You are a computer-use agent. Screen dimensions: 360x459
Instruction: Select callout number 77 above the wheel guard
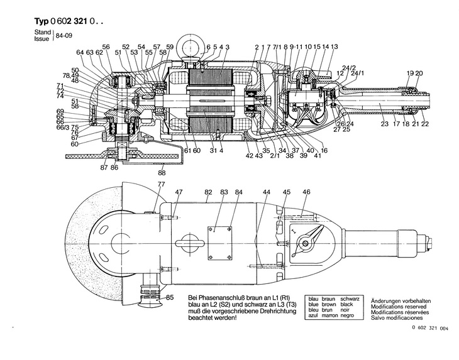click(x=161, y=184)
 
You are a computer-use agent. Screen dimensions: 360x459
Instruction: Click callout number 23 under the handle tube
click(x=384, y=124)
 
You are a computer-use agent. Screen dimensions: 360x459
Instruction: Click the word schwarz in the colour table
click(x=350, y=300)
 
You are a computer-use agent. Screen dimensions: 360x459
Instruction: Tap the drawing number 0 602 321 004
click(x=430, y=345)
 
